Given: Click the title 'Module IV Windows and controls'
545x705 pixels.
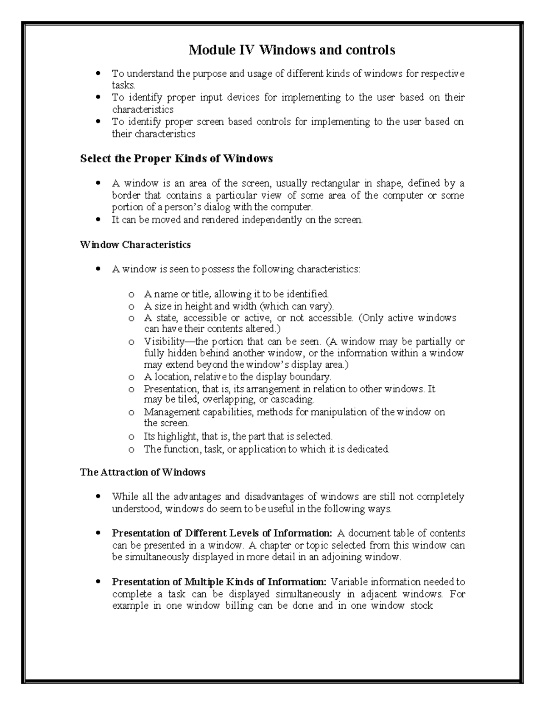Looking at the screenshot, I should coord(292,49).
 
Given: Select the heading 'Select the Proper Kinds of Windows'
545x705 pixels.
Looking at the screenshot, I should coord(176,158).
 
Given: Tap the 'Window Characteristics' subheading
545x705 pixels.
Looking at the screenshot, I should coord(135,245).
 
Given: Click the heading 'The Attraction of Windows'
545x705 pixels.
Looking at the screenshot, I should coord(143,472).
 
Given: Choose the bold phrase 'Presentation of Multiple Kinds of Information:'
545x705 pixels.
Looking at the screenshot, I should coord(219,582).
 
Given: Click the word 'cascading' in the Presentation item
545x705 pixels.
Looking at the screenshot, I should coord(292,400).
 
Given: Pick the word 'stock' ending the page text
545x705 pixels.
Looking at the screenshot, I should coord(421,606).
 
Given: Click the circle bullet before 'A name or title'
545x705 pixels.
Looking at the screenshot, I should coord(131,294).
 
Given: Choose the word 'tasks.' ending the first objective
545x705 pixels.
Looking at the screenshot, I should coord(124,85).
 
